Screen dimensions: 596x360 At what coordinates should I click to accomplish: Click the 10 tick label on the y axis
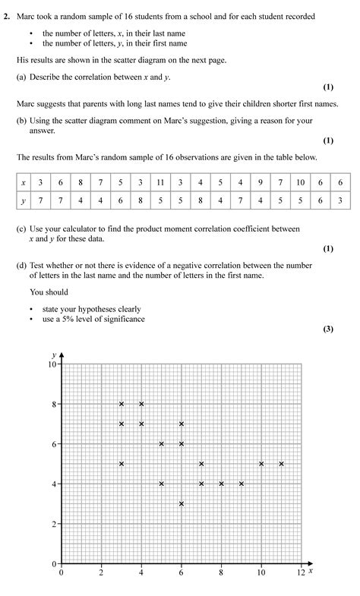[52, 364]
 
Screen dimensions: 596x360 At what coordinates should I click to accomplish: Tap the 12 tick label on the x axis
[301, 572]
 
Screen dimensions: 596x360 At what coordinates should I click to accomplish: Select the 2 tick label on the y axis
[55, 524]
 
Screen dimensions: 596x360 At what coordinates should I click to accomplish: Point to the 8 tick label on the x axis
[221, 572]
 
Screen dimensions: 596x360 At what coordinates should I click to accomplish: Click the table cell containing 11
[160, 183]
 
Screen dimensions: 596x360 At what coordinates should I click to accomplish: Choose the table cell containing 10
[300, 183]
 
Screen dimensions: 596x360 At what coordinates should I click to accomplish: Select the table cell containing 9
[260, 183]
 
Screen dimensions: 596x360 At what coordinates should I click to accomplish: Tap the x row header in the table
[24, 183]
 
